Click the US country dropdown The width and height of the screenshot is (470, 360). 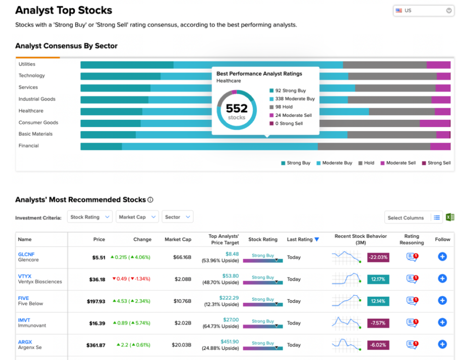click(x=423, y=11)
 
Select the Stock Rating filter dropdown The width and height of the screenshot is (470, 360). click(x=90, y=217)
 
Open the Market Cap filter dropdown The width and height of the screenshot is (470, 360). click(x=137, y=217)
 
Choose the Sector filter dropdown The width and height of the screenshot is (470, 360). click(x=178, y=217)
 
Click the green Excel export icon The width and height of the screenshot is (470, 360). click(x=450, y=217)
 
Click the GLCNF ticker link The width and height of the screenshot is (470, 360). click(x=26, y=254)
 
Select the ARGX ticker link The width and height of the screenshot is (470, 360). click(x=25, y=342)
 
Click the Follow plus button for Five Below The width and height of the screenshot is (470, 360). click(x=442, y=300)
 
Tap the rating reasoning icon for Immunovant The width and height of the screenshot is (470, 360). click(x=412, y=322)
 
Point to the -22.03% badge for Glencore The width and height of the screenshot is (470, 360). click(x=378, y=257)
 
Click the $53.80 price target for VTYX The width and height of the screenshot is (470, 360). click(x=230, y=276)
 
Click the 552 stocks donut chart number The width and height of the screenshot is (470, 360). click(x=236, y=108)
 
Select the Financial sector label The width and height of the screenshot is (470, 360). click(x=28, y=145)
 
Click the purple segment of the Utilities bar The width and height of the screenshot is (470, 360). click(x=438, y=65)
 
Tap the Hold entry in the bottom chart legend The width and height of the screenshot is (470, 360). click(x=366, y=163)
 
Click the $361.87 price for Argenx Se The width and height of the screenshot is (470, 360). click(x=95, y=345)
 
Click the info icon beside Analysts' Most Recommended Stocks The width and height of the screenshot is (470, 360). click(x=151, y=200)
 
